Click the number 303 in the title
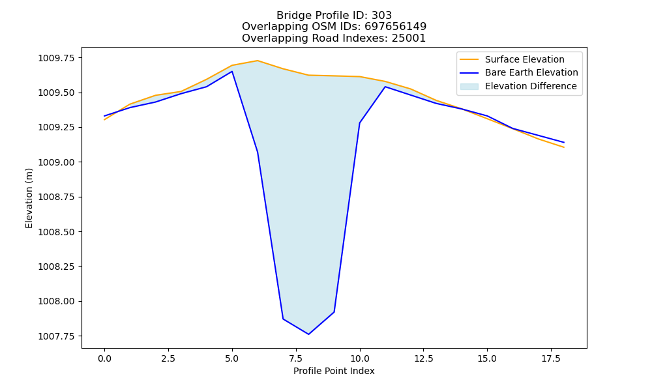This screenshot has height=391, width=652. pyautogui.click(x=381, y=16)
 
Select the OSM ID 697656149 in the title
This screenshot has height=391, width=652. pyautogui.click(x=396, y=27)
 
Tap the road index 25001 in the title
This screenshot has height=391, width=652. pyautogui.click(x=409, y=38)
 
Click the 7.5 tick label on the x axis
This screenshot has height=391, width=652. pyautogui.click(x=295, y=358)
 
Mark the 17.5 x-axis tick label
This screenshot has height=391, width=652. pyautogui.click(x=551, y=358)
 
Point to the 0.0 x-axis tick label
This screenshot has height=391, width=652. pyautogui.click(x=104, y=358)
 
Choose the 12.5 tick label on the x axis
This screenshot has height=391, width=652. pyautogui.click(x=423, y=358)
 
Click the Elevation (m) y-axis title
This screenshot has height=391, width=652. pyautogui.click(x=29, y=198)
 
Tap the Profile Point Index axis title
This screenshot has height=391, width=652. pyautogui.click(x=334, y=371)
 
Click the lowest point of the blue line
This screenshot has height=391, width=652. pyautogui.click(x=308, y=334)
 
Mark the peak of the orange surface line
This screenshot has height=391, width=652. pyautogui.click(x=258, y=61)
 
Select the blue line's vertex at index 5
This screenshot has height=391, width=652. pyautogui.click(x=232, y=72)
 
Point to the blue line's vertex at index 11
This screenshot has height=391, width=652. pyautogui.click(x=385, y=87)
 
